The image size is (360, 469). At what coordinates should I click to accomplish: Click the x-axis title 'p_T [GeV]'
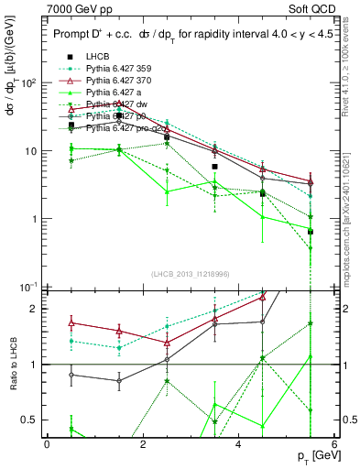[314, 456]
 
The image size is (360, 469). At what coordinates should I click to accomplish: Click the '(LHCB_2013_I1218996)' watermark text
[190, 275]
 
